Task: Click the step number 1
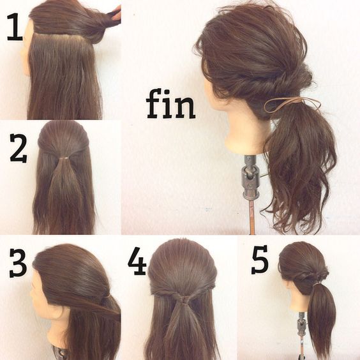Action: pos(15,27)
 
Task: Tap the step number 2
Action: pos(19,148)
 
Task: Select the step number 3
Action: pos(18,262)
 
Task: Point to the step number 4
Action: pos(137,261)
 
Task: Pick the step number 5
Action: pos(259,259)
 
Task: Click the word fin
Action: pos(170,105)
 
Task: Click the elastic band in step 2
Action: pos(66,158)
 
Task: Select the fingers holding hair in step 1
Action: pos(115,13)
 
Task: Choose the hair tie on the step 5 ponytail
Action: pos(317,285)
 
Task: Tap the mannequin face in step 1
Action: pos(26,49)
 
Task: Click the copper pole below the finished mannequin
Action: pos(252,216)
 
